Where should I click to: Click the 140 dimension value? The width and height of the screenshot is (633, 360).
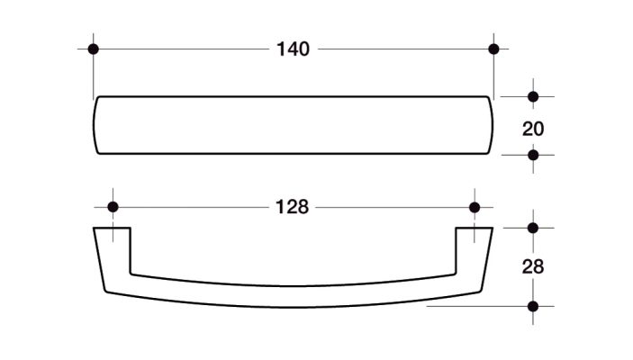[293, 49]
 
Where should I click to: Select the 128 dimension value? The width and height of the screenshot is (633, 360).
[292, 207]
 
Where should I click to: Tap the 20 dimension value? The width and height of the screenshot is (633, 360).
[533, 129]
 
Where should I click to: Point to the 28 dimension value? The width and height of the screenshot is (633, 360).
[533, 266]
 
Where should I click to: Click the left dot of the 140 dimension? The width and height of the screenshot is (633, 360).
[94, 49]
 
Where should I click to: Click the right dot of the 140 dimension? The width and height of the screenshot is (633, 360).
[493, 49]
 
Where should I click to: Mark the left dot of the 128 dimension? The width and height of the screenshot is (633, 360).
[113, 207]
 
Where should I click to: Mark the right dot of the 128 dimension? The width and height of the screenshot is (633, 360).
[475, 207]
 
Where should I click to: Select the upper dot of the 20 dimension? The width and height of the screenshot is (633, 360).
[533, 97]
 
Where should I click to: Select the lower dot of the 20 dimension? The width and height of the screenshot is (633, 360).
[533, 155]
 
